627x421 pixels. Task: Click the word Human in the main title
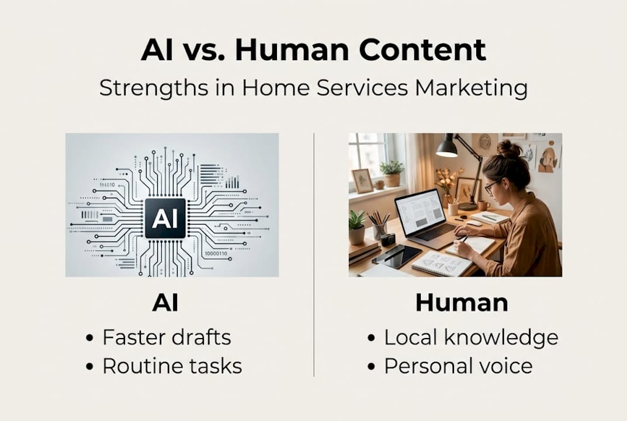[x=292, y=50]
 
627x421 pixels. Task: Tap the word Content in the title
[x=422, y=50]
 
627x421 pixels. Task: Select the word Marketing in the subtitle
[x=472, y=88]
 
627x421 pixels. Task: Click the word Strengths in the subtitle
[x=154, y=88]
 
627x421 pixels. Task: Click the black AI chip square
[x=165, y=219]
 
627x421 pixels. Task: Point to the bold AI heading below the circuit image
[x=165, y=303]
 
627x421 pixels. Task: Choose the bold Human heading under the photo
[x=462, y=303]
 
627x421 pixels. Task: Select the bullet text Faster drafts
[x=167, y=337]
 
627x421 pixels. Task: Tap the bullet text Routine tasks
[x=172, y=366]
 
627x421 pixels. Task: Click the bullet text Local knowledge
[x=471, y=338]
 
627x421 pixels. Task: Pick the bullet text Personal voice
[x=458, y=366]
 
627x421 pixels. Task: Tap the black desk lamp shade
[x=446, y=147]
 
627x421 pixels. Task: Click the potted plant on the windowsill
[x=392, y=173]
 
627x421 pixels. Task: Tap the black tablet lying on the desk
[x=397, y=257]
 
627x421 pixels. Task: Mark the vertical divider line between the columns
[x=314, y=254]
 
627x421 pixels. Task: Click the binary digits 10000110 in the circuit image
[x=216, y=253]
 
